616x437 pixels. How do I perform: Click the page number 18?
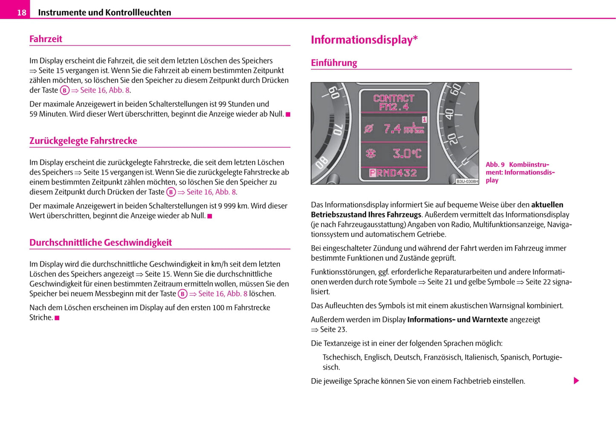21,12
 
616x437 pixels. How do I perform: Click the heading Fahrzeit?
46,39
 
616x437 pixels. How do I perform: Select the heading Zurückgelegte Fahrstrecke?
83,141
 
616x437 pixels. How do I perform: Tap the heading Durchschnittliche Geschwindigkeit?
100,242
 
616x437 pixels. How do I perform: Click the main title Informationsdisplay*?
364,40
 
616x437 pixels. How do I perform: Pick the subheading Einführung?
334,63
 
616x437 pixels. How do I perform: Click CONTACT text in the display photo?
393,98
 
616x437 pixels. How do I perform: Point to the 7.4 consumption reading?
392,128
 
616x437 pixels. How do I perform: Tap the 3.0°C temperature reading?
406,153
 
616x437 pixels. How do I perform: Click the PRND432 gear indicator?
393,173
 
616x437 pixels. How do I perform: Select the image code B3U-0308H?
467,181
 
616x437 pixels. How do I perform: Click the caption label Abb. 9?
495,164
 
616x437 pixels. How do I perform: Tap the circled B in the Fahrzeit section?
64,90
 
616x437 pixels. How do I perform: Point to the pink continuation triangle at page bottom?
576,381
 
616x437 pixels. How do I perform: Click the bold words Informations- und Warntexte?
457,319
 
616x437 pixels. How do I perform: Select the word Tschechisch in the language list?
341,357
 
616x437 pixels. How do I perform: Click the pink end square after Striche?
57,318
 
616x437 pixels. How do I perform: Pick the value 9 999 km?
233,206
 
